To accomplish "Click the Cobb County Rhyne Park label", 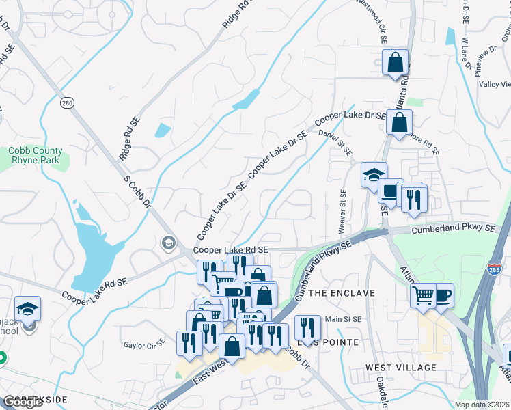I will point(36,155).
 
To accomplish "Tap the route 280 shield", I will point(66,102).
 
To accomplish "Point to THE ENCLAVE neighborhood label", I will point(342,292).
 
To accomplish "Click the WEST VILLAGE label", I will point(400,368).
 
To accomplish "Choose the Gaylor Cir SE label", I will point(144,344).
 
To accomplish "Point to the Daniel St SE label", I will point(340,143).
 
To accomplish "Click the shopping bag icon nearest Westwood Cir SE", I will point(396,63).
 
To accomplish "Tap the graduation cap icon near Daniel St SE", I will point(374,175).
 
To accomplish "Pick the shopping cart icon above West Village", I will point(424,295).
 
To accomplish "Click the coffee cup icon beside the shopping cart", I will point(442,295).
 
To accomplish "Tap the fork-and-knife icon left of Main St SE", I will point(307,327).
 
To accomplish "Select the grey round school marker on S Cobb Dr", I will point(167,243).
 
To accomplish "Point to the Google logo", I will point(23,402).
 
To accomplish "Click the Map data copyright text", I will point(482,404).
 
